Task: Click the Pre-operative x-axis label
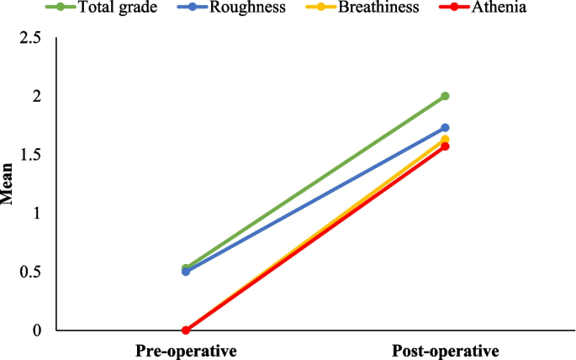pyautogui.click(x=186, y=350)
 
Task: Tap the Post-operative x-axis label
pyautogui.click(x=446, y=350)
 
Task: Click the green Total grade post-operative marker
pyautogui.click(x=446, y=96)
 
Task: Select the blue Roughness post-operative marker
pyautogui.click(x=446, y=128)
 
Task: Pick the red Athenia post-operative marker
pyautogui.click(x=446, y=146)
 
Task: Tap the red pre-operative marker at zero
pyautogui.click(x=186, y=331)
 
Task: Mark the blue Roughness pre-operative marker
pyautogui.click(x=186, y=272)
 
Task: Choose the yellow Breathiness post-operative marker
pyautogui.click(x=446, y=139)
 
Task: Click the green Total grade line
pyautogui.click(x=315, y=183)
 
